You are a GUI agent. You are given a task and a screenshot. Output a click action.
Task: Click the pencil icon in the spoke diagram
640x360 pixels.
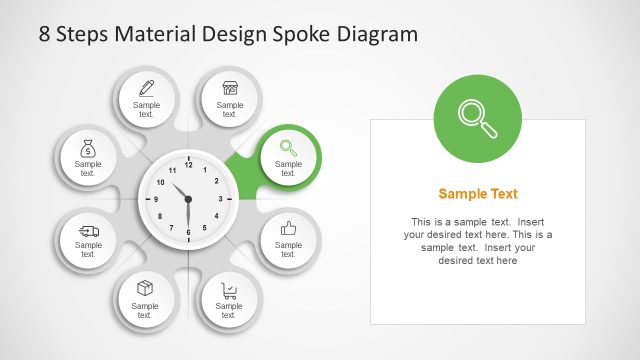pyautogui.click(x=146, y=87)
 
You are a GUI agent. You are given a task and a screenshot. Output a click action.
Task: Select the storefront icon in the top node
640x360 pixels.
pyautogui.click(x=230, y=87)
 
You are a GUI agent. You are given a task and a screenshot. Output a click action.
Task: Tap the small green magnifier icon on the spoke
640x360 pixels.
pyautogui.click(x=288, y=146)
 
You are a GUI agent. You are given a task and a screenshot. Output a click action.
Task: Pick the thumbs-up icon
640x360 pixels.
pyautogui.click(x=289, y=228)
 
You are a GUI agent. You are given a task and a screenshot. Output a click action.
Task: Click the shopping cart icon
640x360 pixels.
pyautogui.click(x=230, y=290)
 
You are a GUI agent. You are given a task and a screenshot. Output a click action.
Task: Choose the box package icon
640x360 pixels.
pyautogui.click(x=145, y=289)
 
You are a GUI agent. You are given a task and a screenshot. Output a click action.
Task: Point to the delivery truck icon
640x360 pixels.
pyautogui.click(x=88, y=231)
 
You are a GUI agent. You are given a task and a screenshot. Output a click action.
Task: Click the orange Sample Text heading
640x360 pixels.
pyautogui.click(x=478, y=194)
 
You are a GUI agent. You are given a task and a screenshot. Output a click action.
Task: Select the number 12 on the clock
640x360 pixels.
pyautogui.click(x=188, y=165)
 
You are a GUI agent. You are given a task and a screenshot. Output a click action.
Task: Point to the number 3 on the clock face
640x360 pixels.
pyautogui.click(x=220, y=199)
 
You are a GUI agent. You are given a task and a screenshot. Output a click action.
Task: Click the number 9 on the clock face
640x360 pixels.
pyautogui.click(x=155, y=199)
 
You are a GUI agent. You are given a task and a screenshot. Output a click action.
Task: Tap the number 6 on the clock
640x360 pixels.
pyautogui.click(x=187, y=232)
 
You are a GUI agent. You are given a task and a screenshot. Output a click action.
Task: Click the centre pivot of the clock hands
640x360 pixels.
pyautogui.click(x=188, y=199)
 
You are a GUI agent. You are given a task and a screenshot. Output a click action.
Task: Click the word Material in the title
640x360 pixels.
pyautogui.click(x=152, y=35)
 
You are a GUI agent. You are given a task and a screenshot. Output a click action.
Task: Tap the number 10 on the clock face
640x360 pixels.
pyautogui.click(x=160, y=182)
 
